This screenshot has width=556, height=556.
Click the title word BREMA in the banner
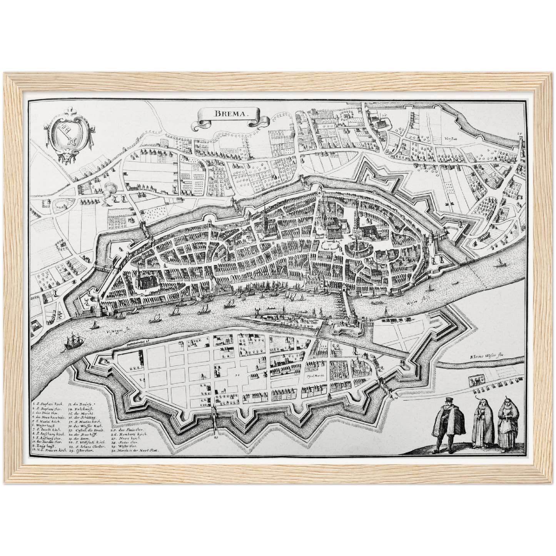(x=226, y=114)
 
